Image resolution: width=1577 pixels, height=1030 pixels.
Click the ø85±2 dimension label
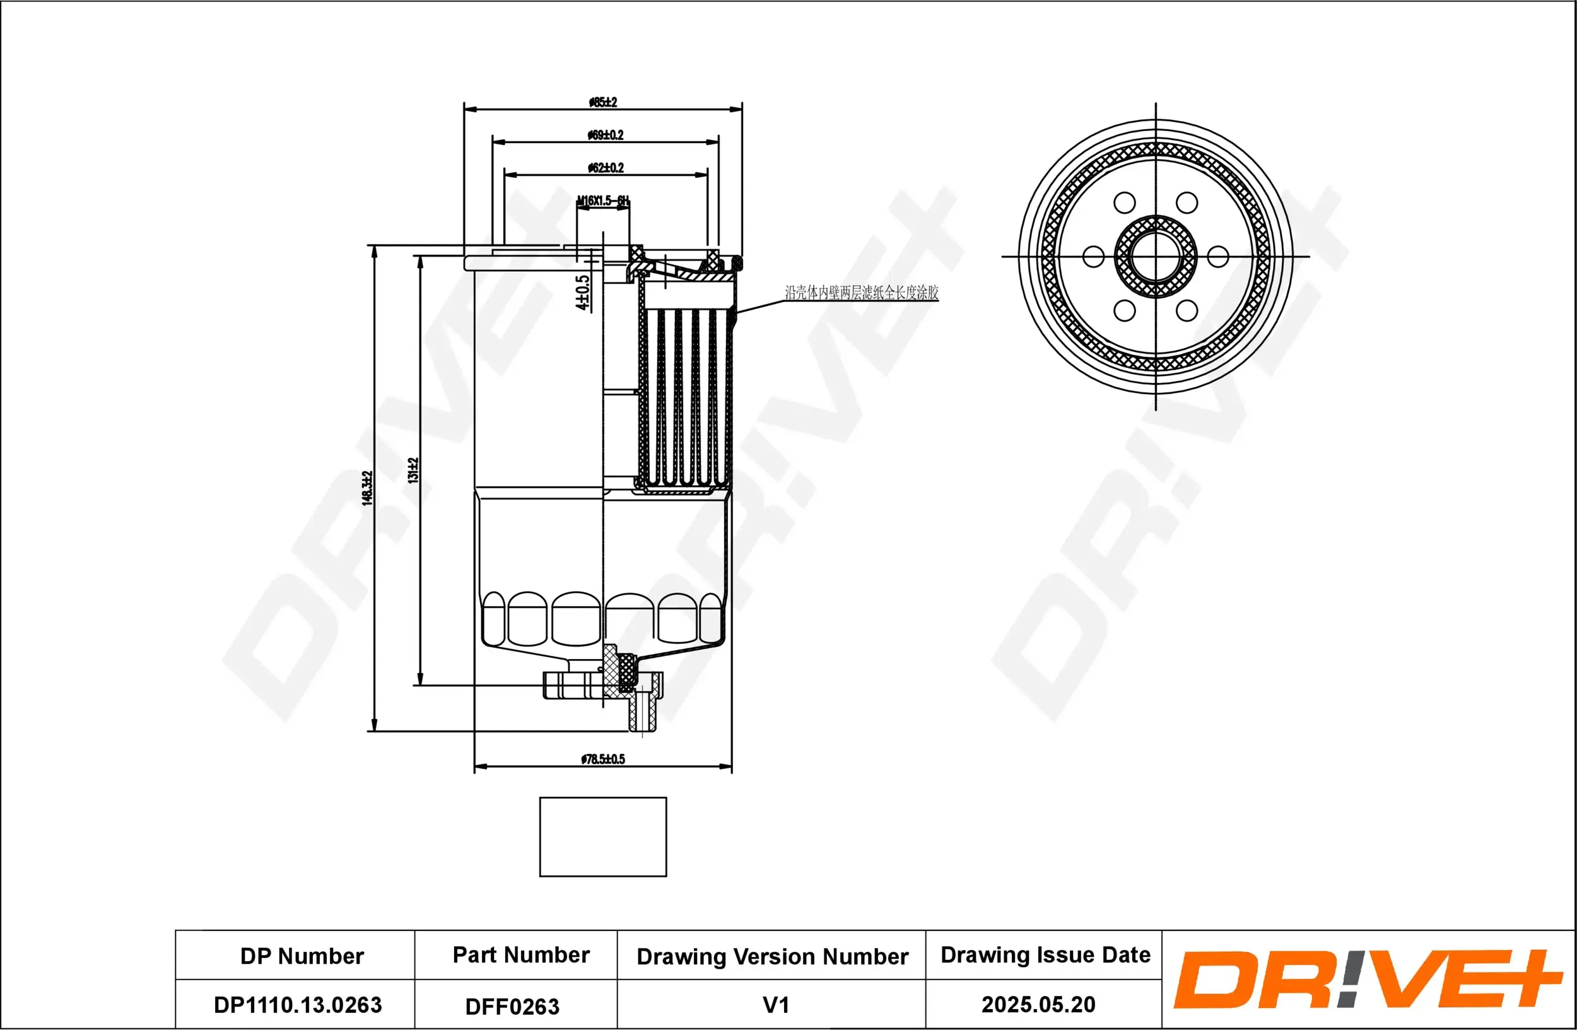[602, 102]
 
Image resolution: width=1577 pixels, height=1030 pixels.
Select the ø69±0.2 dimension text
[605, 135]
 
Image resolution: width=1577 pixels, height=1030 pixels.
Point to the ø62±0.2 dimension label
[605, 168]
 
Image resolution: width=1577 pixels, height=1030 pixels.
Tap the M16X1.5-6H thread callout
[602, 200]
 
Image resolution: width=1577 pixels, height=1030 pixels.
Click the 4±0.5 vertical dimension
[582, 293]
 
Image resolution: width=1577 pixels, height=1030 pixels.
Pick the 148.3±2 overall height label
[367, 488]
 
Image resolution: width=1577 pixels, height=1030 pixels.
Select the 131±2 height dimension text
[413, 471]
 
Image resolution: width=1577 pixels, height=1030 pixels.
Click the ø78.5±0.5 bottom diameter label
[602, 759]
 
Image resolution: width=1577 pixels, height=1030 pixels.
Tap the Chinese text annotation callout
[862, 292]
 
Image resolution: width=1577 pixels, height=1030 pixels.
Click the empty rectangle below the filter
[603, 836]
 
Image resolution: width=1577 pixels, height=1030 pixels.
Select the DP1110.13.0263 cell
[298, 1005]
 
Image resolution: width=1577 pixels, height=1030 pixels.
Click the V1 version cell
[776, 1005]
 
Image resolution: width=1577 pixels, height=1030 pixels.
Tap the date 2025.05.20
[1038, 1004]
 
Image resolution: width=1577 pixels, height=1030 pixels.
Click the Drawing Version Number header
[772, 956]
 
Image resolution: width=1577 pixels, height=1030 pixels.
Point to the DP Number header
[302, 956]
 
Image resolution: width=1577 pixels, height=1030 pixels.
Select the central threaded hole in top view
[1156, 256]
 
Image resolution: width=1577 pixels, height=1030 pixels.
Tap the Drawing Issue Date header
[1045, 954]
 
